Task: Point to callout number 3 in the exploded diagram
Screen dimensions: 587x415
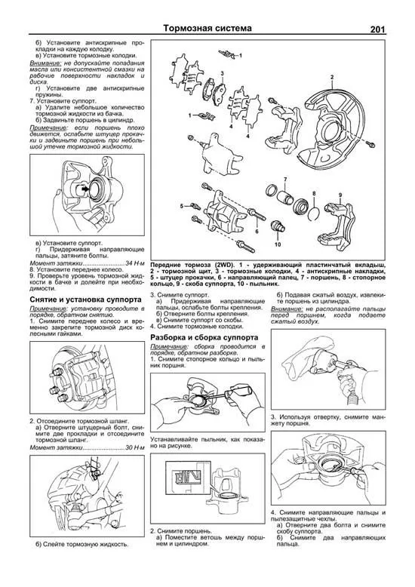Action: coord(222,73)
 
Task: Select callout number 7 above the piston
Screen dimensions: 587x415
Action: coord(285,179)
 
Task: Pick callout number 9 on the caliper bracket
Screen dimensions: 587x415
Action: coord(340,196)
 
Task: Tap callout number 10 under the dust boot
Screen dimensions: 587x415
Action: coord(278,245)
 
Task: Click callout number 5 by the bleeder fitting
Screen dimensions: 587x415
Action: coord(182,205)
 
